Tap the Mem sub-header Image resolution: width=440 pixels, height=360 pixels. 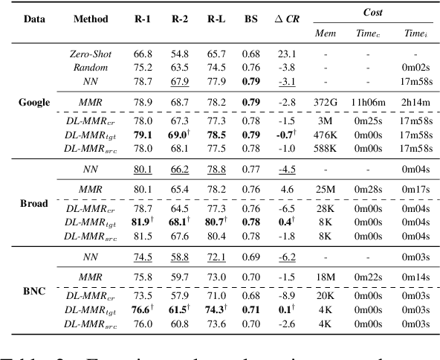point(325,32)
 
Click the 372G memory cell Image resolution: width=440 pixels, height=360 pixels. point(325,98)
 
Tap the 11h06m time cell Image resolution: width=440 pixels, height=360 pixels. point(366,98)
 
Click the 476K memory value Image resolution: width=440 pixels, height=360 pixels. point(325,133)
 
